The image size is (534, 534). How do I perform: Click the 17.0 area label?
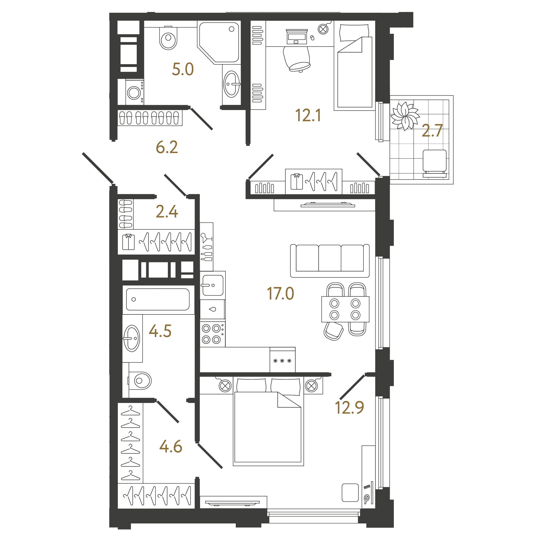280,293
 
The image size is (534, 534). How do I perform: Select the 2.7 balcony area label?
432,130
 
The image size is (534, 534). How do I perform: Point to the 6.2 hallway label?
167,147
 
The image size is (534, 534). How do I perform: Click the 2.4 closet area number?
167,211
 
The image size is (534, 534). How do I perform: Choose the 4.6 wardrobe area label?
171,446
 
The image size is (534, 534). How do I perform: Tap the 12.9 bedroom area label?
349,407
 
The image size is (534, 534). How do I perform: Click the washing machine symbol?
135,92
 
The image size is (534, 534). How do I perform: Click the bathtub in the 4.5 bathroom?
158,299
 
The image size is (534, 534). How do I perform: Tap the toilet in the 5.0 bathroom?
168,38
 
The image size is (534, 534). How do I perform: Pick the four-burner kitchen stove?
213,334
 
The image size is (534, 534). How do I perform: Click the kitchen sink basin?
213,285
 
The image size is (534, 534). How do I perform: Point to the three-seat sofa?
330,261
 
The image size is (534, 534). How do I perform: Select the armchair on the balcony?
435,163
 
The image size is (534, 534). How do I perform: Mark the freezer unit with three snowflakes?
283,360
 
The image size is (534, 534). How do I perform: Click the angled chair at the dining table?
333,331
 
